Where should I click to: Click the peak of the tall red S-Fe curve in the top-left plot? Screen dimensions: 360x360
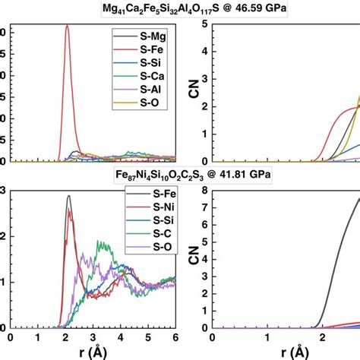pyautogui.click(x=67, y=26)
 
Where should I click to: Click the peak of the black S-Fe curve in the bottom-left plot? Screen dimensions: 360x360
pyautogui.click(x=69, y=196)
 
